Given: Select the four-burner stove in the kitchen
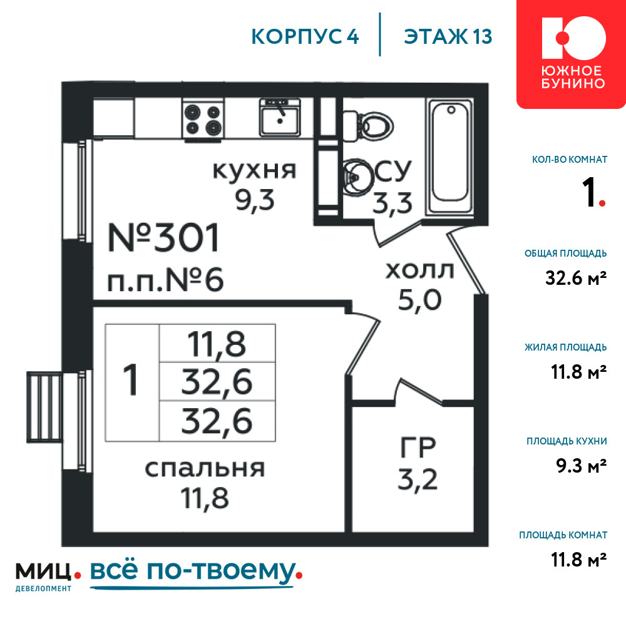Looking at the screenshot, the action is coord(203,120).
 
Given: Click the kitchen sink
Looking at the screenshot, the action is coord(280,118).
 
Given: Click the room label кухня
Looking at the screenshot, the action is coord(254,170).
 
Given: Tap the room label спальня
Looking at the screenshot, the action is coord(205,468).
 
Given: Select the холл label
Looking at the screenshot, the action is coord(419,270).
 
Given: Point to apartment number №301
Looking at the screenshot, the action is coord(163,237).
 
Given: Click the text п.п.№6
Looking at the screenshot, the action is coord(165,280).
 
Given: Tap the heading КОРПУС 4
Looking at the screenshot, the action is coord(305,37).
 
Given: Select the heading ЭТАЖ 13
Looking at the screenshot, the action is coord(448,37).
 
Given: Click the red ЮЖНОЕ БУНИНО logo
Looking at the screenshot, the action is coord(572,54).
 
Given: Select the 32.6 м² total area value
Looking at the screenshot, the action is coord(576,278).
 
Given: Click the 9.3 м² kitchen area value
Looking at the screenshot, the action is coord(582,466).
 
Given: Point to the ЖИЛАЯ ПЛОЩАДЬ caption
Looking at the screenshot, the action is coord(566,347).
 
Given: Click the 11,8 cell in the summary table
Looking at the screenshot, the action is coord(217,344).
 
